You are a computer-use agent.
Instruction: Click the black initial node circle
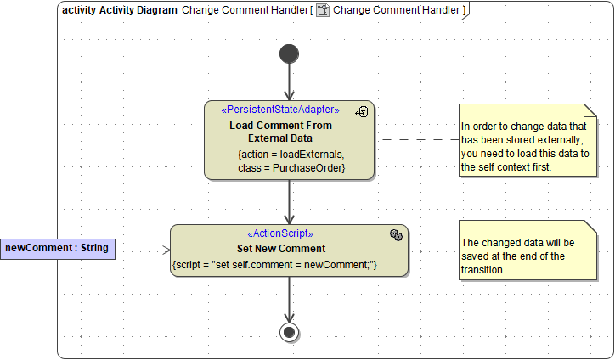[289, 54]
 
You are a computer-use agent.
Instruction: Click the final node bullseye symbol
[289, 332]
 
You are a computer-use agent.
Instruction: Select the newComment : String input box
[57, 248]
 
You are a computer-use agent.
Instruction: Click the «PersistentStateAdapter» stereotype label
[280, 110]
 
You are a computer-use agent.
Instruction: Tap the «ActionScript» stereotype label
[280, 233]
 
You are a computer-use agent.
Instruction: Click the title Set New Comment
[280, 249]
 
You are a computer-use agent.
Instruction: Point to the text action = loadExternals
[291, 155]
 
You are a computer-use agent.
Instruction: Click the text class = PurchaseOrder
[291, 168]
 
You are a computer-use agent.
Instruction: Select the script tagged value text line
[274, 266]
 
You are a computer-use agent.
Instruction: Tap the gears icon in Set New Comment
[396, 234]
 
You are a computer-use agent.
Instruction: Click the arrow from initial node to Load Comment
[289, 82]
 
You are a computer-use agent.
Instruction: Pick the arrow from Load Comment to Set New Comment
[289, 202]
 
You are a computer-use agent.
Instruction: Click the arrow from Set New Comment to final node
[289, 299]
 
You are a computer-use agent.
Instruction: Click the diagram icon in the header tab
[323, 10]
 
